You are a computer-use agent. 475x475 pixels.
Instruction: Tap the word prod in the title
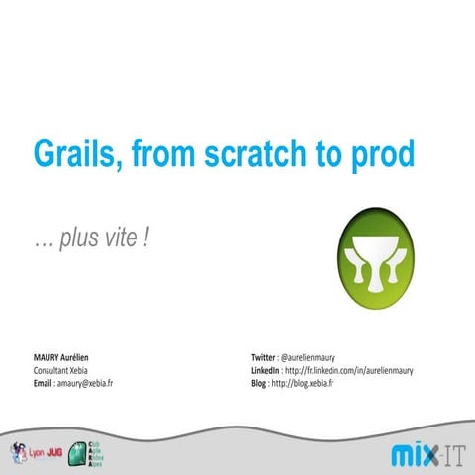coord(376,155)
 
